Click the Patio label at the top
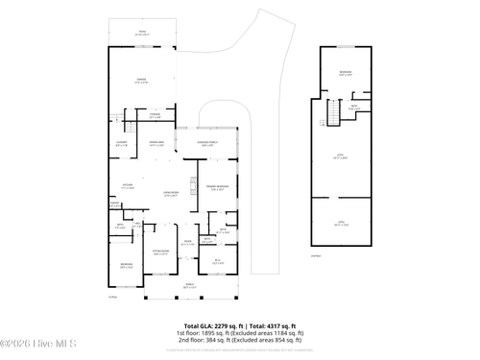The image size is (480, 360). point(141,33)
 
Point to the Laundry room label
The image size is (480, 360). point(122,144)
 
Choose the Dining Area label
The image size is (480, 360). point(156,144)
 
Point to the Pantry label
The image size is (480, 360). point(115,204)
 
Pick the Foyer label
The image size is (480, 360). point(188,243)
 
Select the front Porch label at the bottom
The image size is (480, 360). point(188,286)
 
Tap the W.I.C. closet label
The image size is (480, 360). point(218,260)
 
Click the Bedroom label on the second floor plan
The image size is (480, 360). point(345,73)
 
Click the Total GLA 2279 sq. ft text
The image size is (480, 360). point(213,325)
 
